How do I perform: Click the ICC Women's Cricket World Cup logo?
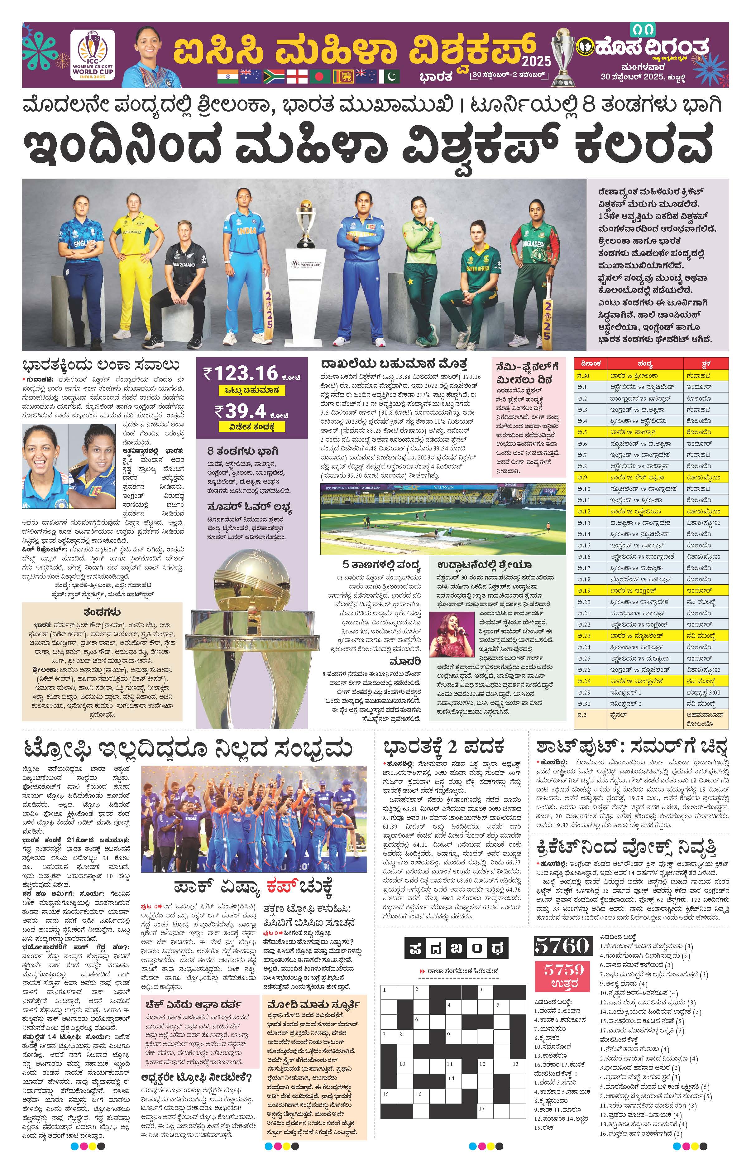(x=93, y=55)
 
